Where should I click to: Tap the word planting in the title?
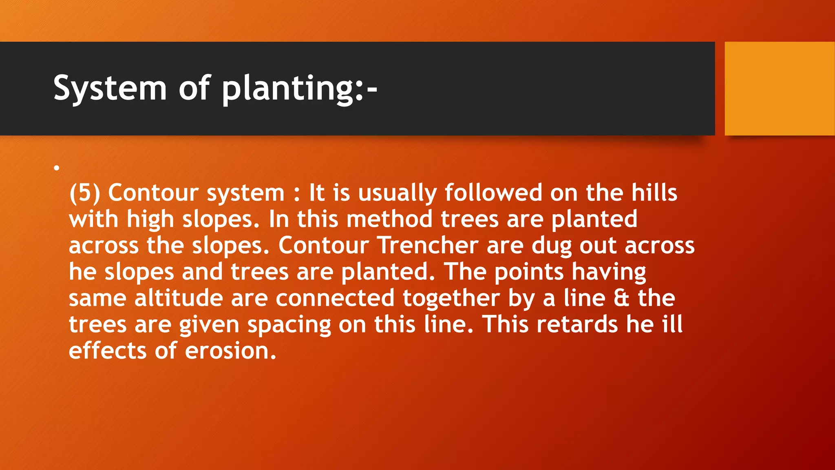click(288, 88)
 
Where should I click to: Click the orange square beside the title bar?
click(780, 89)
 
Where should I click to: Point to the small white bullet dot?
click(57, 168)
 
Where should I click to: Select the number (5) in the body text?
click(85, 193)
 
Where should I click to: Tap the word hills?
click(654, 193)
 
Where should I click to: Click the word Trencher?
click(428, 245)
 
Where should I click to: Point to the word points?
click(529, 272)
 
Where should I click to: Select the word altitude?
click(179, 298)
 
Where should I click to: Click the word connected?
click(335, 298)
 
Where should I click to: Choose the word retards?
click(577, 324)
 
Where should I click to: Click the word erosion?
click(230, 350)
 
